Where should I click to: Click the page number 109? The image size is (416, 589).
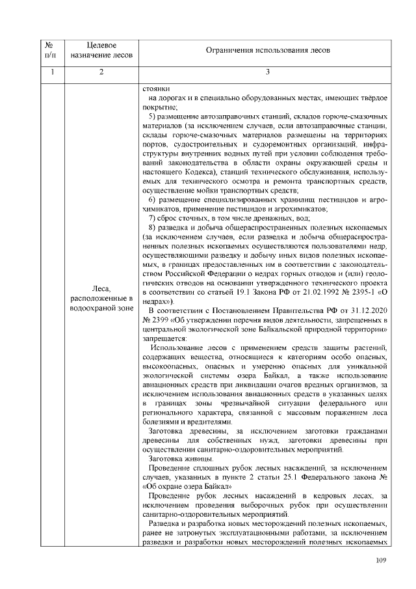(x=382, y=560)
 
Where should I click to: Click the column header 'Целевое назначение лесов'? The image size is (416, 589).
(x=101, y=49)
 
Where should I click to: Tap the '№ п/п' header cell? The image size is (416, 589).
(x=49, y=49)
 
